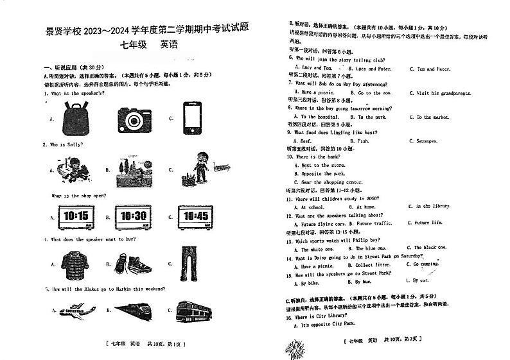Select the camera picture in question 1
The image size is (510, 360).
pyautogui.click(x=134, y=118)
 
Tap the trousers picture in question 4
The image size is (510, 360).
pyautogui.click(x=191, y=262)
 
